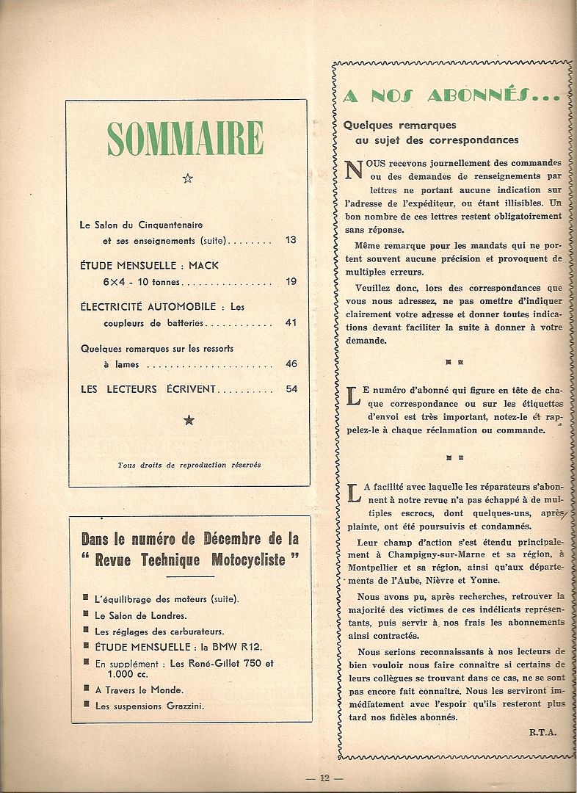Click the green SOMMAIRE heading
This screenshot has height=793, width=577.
pos(185,138)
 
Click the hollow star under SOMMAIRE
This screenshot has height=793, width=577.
pos(187,178)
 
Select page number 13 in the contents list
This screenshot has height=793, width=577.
pos(291,240)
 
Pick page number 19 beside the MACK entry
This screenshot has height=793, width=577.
pos(291,281)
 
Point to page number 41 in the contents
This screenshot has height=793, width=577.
pos(291,322)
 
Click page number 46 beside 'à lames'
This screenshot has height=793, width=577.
pos(291,363)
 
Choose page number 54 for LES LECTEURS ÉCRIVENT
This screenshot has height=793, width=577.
pos(291,388)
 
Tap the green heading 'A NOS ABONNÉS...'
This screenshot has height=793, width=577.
pos(451,95)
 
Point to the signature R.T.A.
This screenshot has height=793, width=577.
pos(542,731)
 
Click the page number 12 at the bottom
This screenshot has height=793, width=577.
pos(304,778)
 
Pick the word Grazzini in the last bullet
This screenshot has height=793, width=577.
pos(182,706)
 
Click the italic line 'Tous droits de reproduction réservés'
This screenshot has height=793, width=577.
pos(189,464)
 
